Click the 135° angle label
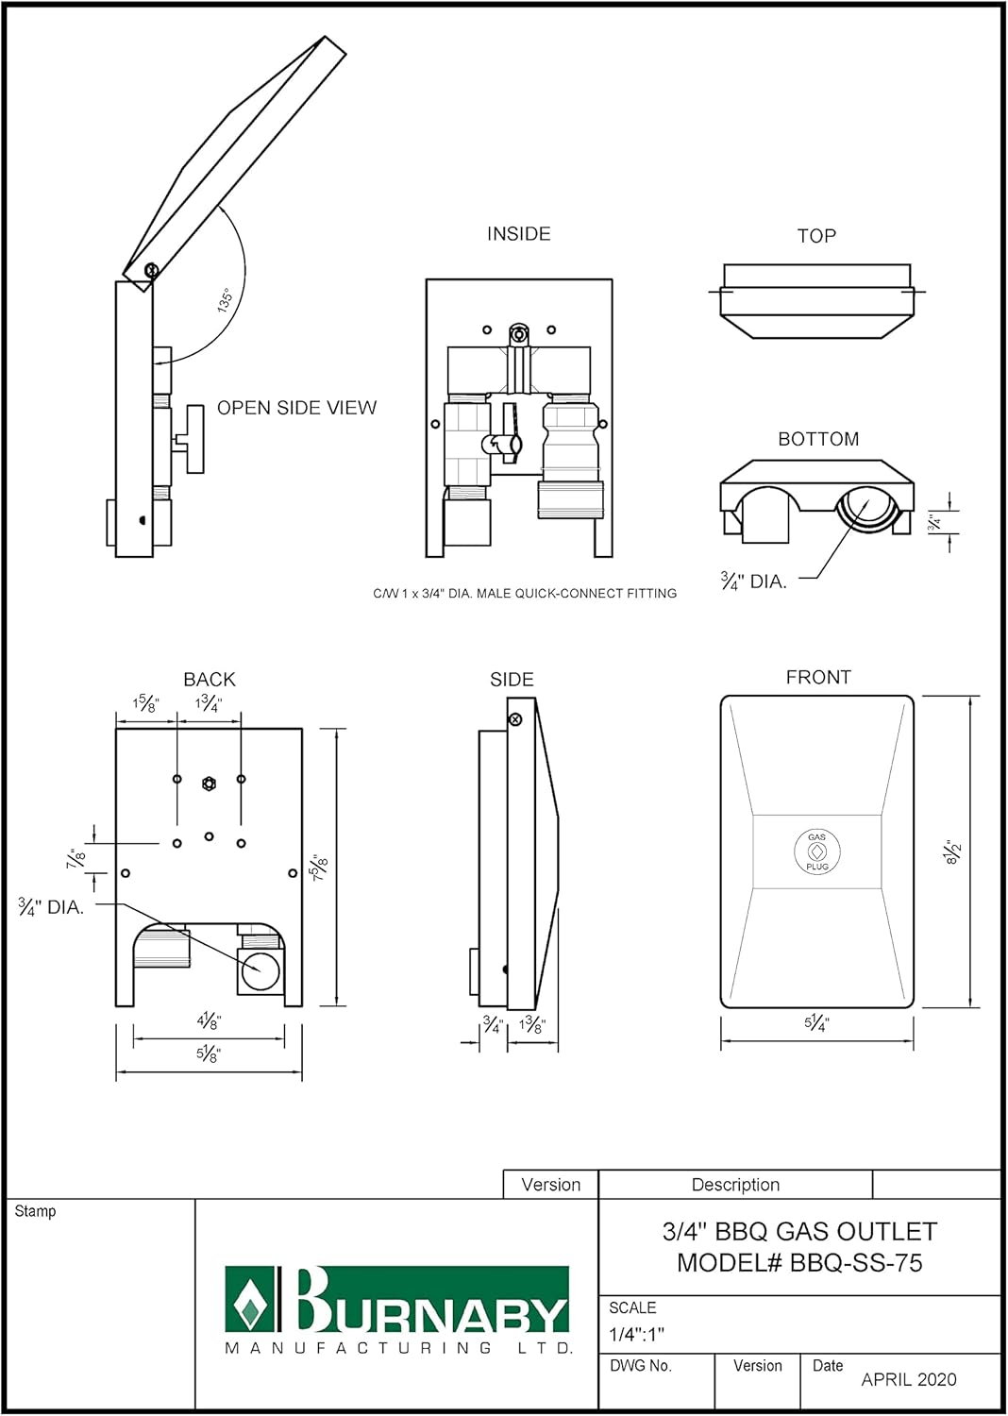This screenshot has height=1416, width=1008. [225, 301]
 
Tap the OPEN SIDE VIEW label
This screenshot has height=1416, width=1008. [296, 408]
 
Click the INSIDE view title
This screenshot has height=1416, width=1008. [518, 234]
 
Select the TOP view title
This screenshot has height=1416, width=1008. [816, 236]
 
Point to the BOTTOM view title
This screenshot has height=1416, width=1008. [818, 439]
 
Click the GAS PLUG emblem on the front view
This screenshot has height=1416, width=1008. [817, 851]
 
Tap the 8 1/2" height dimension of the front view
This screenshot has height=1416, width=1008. [953, 851]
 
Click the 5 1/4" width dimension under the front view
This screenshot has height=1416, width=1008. [816, 1022]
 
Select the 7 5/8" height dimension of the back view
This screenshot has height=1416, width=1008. [320, 867]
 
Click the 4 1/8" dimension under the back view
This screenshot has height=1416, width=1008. [209, 1021]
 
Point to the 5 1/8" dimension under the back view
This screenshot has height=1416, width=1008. [209, 1054]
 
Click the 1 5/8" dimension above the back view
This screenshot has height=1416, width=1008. [146, 704]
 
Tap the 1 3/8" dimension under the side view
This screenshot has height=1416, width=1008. [532, 1025]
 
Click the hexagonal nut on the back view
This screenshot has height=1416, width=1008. [210, 784]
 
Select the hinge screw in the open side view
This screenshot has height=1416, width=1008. [151, 271]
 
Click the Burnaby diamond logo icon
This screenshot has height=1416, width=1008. [249, 1301]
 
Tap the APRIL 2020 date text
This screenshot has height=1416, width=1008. [908, 1380]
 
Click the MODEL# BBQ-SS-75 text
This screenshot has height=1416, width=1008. [799, 1263]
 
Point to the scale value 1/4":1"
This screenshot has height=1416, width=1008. [636, 1335]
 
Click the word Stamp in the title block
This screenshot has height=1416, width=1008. [36, 1211]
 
